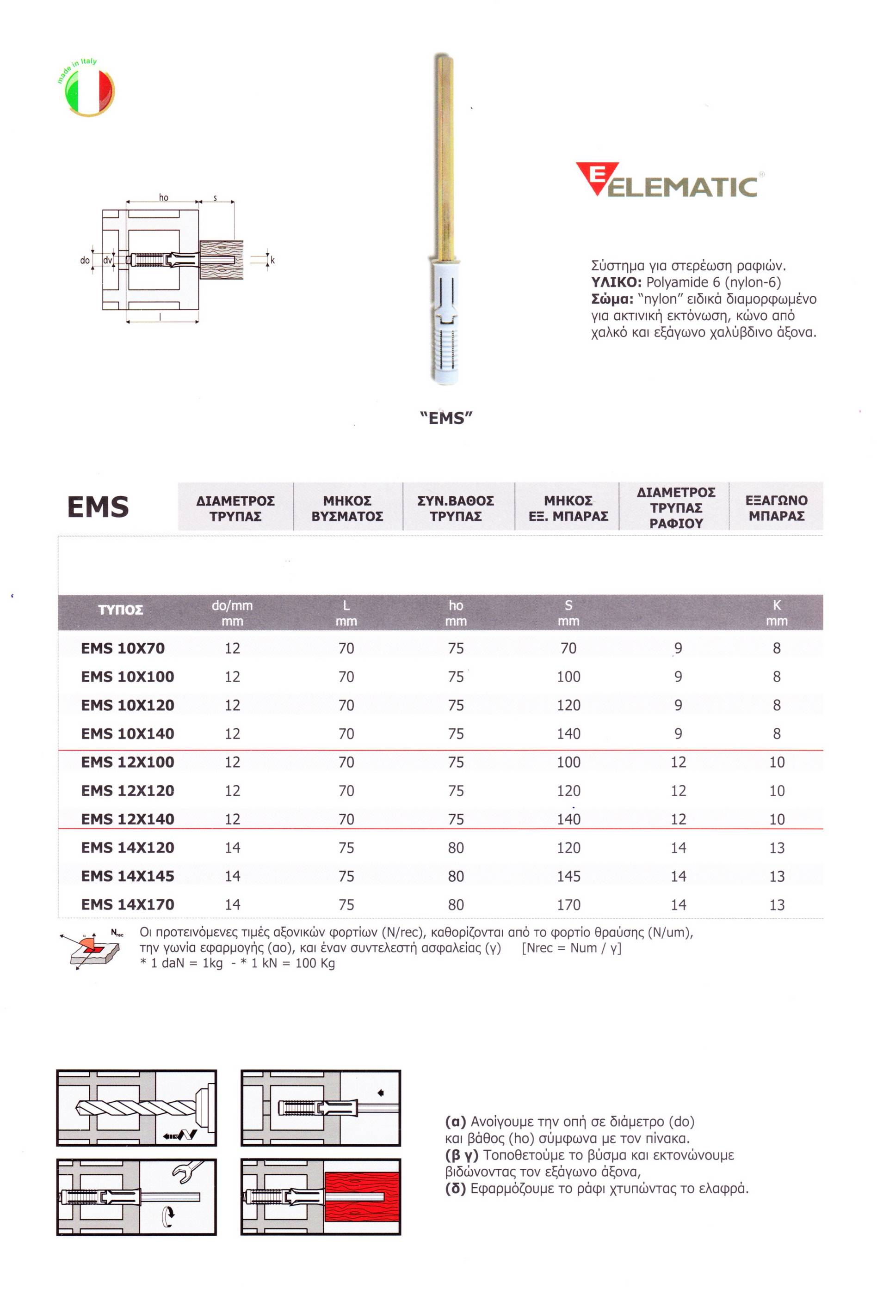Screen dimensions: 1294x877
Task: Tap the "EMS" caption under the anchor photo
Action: pyautogui.click(x=446, y=418)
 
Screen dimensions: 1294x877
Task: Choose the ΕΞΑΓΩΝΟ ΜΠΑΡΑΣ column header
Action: pyautogui.click(x=776, y=508)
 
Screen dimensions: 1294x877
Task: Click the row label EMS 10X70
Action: pyautogui.click(x=123, y=648)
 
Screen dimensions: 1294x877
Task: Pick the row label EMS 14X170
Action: pyautogui.click(x=128, y=904)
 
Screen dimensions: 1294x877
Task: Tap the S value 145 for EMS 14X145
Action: pyautogui.click(x=568, y=876)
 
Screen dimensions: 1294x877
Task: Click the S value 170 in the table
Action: pyautogui.click(x=568, y=904)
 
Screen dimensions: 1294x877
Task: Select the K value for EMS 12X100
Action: pyautogui.click(x=777, y=762)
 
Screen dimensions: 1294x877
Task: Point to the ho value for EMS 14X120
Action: pyautogui.click(x=456, y=848)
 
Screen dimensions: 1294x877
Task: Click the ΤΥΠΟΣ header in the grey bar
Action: pyautogui.click(x=120, y=610)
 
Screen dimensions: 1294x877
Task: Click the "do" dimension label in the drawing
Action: pyautogui.click(x=85, y=260)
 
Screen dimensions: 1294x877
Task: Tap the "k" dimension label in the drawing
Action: pyautogui.click(x=272, y=260)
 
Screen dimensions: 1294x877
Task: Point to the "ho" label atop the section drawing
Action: pyautogui.click(x=163, y=198)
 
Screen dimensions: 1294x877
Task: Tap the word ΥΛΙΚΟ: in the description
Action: pyautogui.click(x=616, y=282)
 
